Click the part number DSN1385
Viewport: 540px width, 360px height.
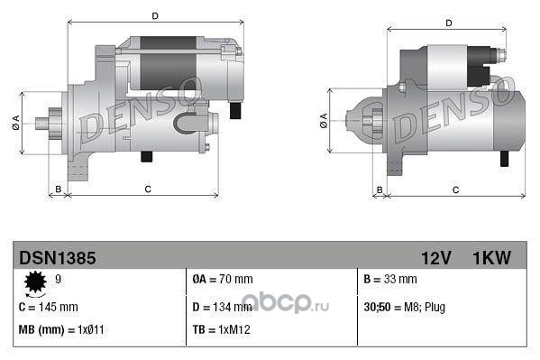[58, 258]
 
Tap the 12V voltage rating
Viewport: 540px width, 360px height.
[436, 258]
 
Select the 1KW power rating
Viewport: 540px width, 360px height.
[492, 258]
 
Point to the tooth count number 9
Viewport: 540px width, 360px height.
[59, 279]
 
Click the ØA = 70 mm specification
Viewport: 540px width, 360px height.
[223, 279]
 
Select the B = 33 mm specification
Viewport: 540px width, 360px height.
[390, 279]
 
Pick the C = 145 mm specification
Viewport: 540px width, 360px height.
[49, 307]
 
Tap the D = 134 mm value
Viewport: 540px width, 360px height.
[222, 307]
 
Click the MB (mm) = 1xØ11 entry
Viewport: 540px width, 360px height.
[61, 330]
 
